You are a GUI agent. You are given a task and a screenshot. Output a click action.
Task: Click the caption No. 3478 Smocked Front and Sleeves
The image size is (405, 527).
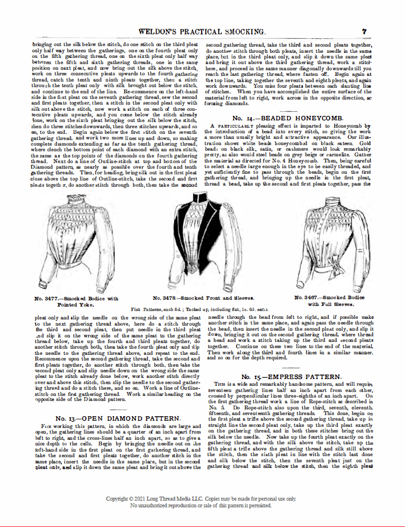click(x=203, y=298)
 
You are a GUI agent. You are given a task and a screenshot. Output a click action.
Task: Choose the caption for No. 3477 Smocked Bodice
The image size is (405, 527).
click(x=76, y=301)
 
